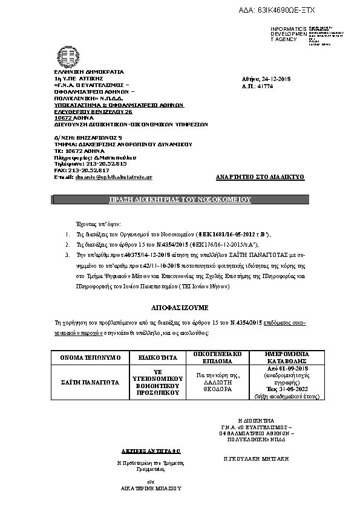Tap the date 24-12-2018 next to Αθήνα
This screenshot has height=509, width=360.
276,79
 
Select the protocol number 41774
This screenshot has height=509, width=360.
266,86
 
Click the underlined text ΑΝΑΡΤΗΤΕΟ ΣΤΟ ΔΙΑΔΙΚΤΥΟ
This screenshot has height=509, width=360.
260,177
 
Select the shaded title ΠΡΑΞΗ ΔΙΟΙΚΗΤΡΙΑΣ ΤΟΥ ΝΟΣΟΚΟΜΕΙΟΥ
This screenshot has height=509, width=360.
180,199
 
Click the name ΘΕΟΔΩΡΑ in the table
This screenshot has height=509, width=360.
217,390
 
